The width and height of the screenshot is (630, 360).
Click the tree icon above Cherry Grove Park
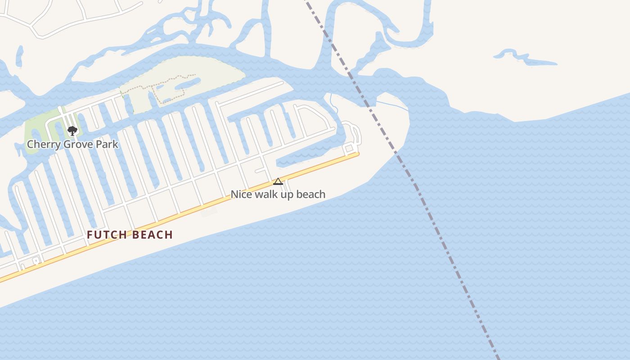[x=72, y=131]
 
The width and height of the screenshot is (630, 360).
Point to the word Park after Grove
[x=108, y=144]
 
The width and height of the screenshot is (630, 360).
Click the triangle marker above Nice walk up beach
[x=278, y=181]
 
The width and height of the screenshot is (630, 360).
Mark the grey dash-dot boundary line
[x=432, y=211]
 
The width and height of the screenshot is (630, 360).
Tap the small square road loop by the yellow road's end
[x=349, y=148]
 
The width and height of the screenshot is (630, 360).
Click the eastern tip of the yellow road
[x=357, y=154]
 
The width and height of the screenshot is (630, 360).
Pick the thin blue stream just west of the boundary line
[x=333, y=104]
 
